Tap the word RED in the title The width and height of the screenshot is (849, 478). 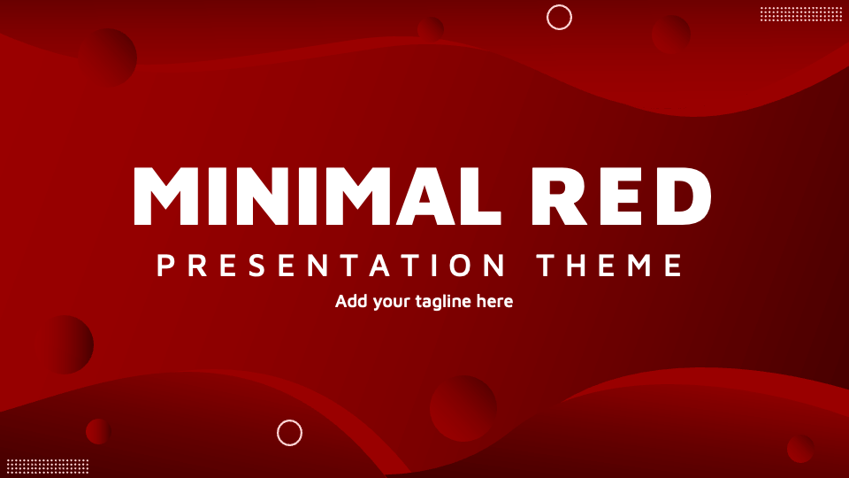pos(623,196)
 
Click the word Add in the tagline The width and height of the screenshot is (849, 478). pos(350,301)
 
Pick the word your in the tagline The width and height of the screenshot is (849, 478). pos(393,302)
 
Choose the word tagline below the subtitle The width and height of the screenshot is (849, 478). pos(444,302)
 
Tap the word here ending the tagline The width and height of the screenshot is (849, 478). pos(494,301)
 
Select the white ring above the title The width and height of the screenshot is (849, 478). pos(559,17)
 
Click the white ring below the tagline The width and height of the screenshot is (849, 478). pos(289,433)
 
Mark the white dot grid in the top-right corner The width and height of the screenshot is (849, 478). pos(801,13)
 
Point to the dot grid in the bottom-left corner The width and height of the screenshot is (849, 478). pos(48,466)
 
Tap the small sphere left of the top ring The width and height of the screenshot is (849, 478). pos(432,28)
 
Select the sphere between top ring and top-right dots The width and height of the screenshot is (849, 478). pos(671,35)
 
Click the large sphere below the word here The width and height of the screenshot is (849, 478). pos(463,408)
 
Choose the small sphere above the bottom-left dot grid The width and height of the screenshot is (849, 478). pos(98,431)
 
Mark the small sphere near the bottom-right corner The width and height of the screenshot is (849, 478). pos(800,448)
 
